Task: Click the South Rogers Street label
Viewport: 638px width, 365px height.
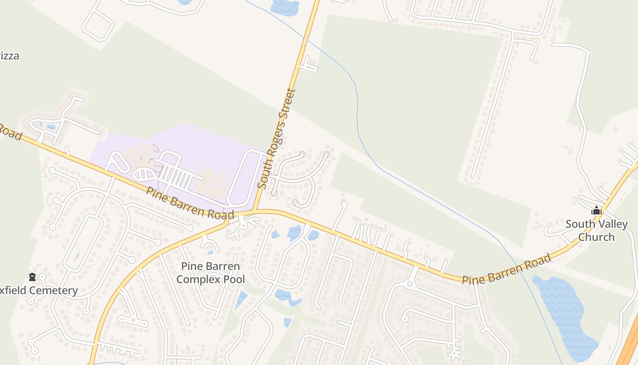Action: [x=277, y=138]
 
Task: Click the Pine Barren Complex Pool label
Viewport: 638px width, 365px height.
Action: [x=211, y=272]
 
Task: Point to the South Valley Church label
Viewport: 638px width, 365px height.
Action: [x=596, y=230]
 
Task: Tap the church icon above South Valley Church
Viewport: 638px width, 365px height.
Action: [x=596, y=210]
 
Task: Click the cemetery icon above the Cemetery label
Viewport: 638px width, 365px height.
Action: [x=32, y=276]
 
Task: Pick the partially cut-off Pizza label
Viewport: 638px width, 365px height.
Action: [x=9, y=56]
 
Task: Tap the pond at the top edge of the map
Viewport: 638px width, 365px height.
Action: [x=284, y=6]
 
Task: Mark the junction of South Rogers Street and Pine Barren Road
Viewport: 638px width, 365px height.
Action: [x=254, y=211]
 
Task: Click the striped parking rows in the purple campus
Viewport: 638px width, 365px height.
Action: [x=175, y=176]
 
